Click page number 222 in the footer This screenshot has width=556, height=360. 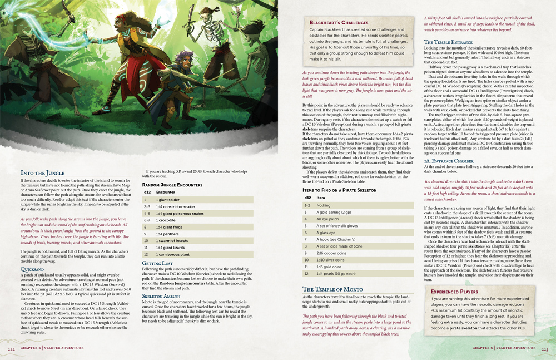pyautogui.click(x=11, y=348)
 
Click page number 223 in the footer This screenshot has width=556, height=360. pyautogui.click(x=545, y=348)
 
